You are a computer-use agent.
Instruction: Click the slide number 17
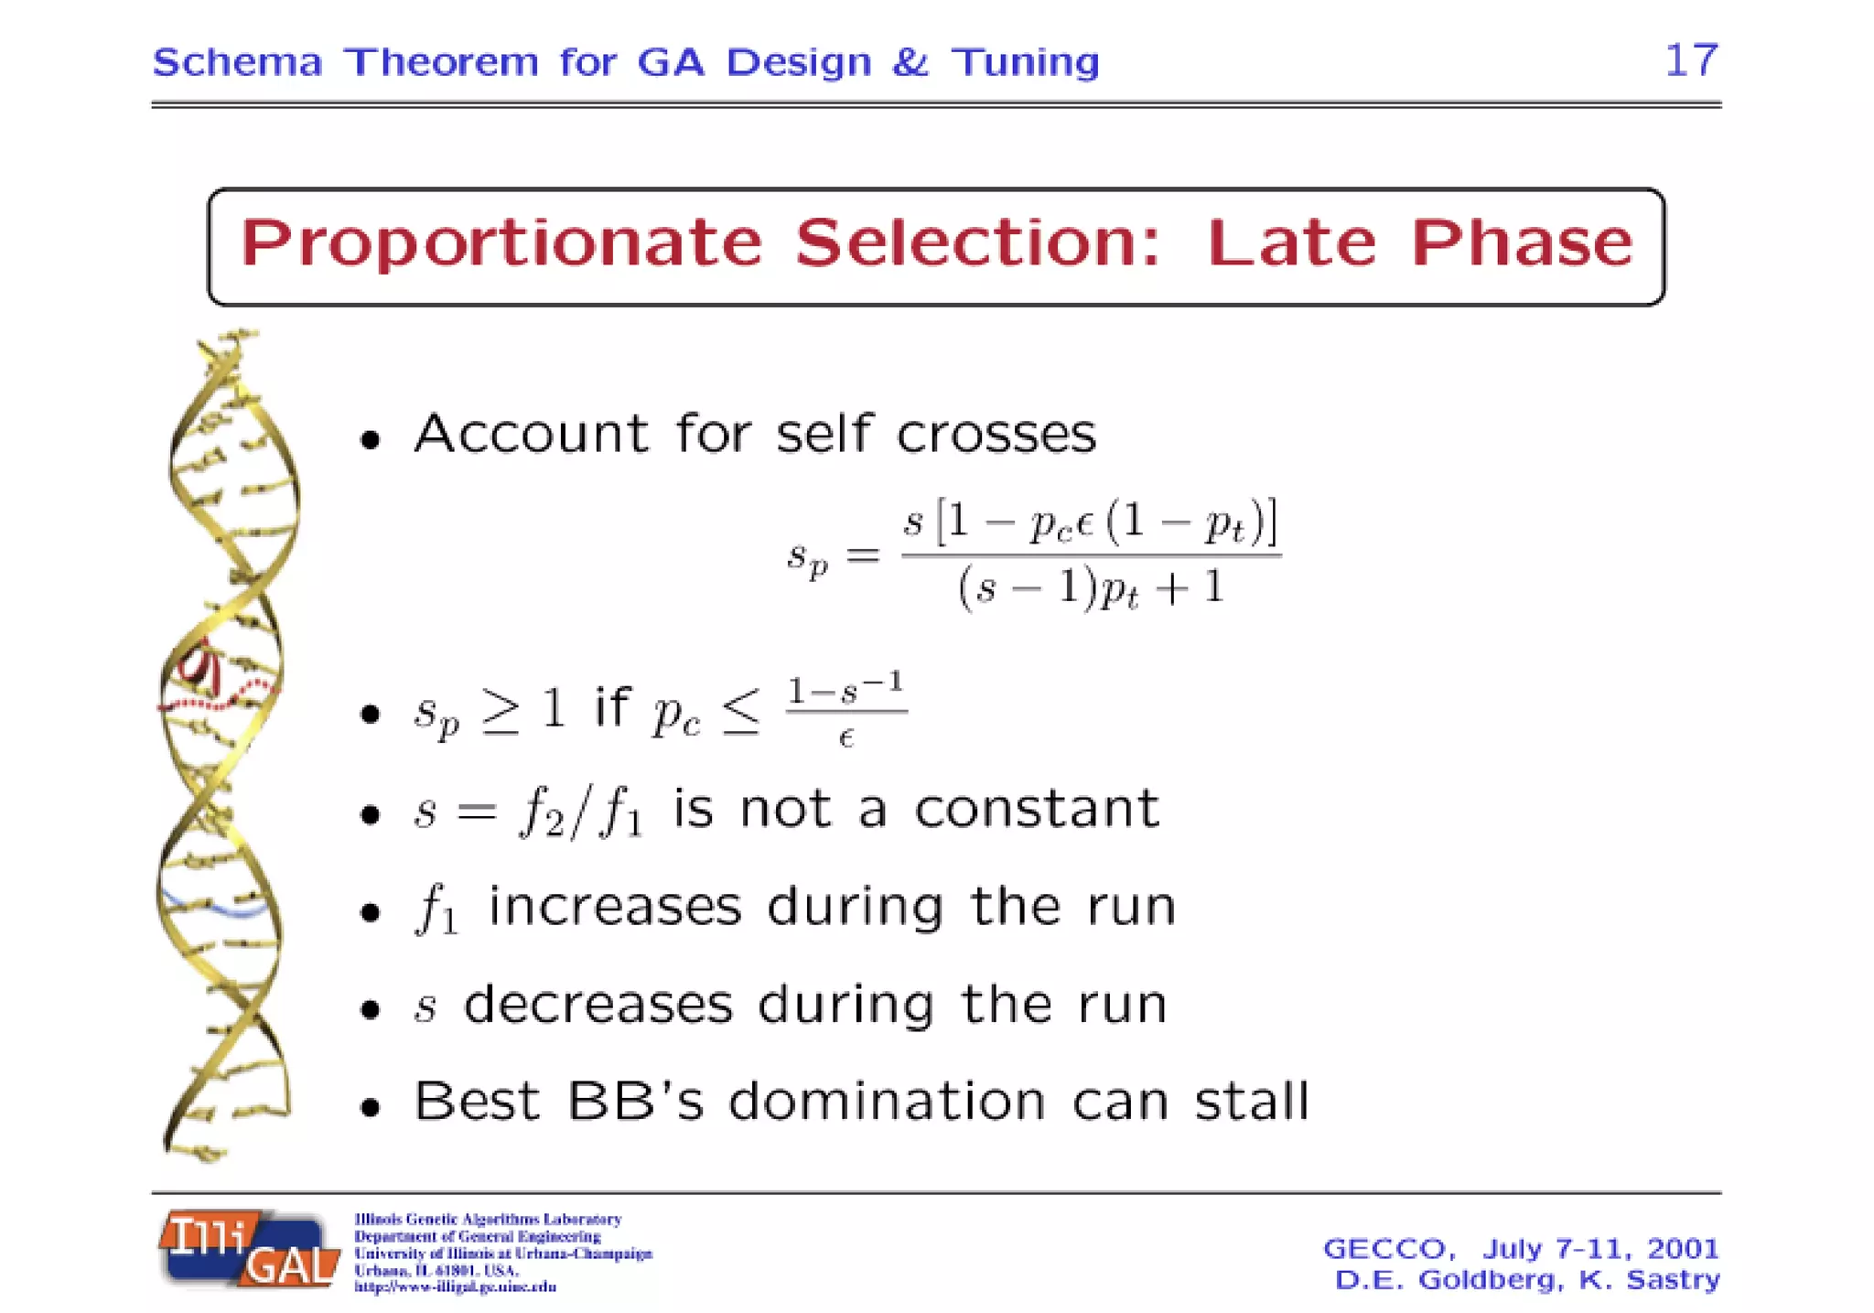[x=1691, y=60]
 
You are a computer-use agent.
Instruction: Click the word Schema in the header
[x=237, y=62]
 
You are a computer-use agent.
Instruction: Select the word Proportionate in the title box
[x=501, y=243]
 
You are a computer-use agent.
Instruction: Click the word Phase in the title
[x=1521, y=243]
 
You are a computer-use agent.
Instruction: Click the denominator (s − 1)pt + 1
[x=1091, y=587]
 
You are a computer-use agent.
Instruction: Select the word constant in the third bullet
[x=1037, y=809]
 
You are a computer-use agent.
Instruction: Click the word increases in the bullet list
[x=614, y=907]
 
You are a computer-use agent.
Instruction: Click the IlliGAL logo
[x=249, y=1250]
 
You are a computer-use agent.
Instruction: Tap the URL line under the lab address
[x=456, y=1287]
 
